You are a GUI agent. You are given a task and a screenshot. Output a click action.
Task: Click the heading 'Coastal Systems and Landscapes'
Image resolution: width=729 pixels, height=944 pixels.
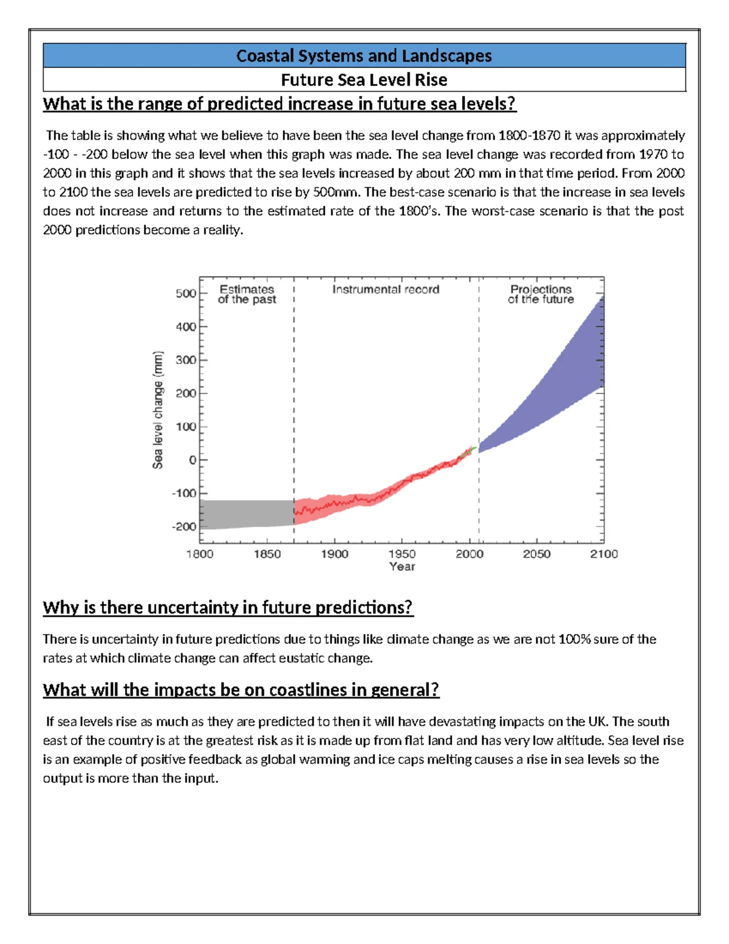click(x=364, y=56)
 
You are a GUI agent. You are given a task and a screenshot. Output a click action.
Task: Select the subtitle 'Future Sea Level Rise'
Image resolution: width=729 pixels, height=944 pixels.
click(x=364, y=80)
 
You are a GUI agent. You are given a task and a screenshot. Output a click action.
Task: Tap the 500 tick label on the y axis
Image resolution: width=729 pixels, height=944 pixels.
click(x=186, y=294)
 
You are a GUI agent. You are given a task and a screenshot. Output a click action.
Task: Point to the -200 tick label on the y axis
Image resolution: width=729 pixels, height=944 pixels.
click(x=185, y=526)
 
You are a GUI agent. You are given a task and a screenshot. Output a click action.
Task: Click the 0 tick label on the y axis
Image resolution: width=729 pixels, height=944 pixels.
click(x=193, y=460)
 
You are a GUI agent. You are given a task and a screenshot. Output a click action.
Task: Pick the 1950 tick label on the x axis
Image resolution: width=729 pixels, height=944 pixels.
click(x=402, y=554)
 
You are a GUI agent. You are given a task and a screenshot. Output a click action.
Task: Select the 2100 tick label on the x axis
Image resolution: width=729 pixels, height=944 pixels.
click(x=604, y=554)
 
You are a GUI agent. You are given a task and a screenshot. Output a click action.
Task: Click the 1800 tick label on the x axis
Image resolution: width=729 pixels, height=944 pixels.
click(x=199, y=554)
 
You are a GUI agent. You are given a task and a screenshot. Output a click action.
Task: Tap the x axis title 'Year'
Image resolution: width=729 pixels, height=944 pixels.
click(x=402, y=567)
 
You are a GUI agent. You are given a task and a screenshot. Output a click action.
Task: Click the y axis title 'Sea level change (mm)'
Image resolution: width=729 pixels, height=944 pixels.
click(x=158, y=410)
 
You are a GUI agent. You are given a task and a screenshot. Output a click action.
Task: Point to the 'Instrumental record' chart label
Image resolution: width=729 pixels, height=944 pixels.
click(x=386, y=290)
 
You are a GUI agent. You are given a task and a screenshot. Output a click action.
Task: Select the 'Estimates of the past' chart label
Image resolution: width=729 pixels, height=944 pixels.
click(x=247, y=294)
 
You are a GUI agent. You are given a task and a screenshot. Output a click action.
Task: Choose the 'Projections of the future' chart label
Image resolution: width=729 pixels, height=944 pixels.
click(x=541, y=294)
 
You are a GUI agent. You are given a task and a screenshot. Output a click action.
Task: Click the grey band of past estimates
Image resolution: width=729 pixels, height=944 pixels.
click(x=246, y=514)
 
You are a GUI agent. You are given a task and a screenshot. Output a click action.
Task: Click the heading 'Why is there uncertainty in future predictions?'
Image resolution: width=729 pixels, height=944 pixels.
click(x=228, y=607)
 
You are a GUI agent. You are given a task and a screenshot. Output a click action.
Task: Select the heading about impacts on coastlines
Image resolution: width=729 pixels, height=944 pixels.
click(x=241, y=690)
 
